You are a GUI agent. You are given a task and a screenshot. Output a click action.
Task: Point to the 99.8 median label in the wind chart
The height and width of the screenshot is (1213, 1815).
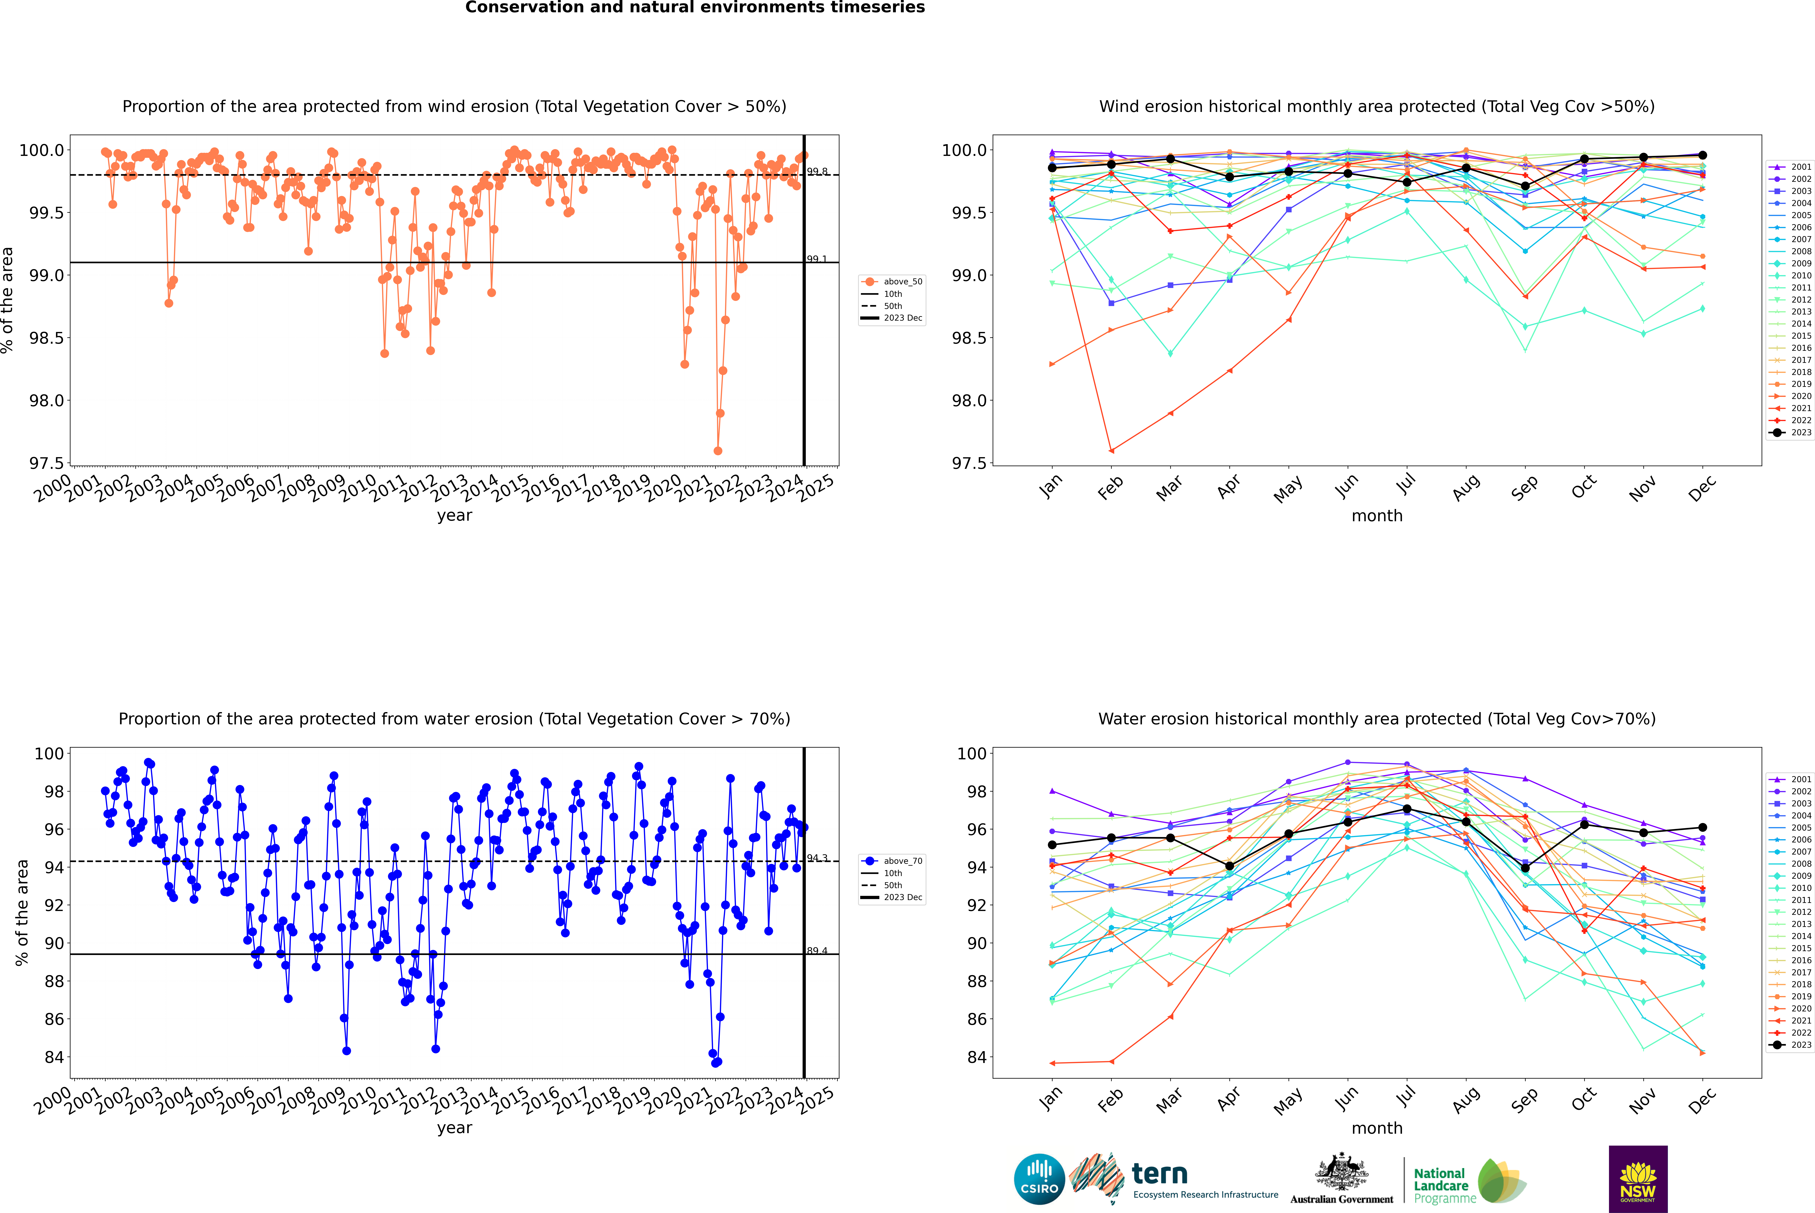[x=817, y=172]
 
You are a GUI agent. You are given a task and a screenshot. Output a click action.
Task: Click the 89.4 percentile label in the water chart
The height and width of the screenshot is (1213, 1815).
[x=817, y=951]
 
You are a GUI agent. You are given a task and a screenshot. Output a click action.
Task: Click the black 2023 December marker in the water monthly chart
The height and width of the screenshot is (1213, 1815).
[x=1702, y=828]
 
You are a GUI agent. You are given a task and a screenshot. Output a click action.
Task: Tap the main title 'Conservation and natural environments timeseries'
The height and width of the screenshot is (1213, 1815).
[x=695, y=8]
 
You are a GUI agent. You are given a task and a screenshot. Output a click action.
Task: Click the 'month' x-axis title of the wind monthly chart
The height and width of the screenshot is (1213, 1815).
[x=1377, y=516]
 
